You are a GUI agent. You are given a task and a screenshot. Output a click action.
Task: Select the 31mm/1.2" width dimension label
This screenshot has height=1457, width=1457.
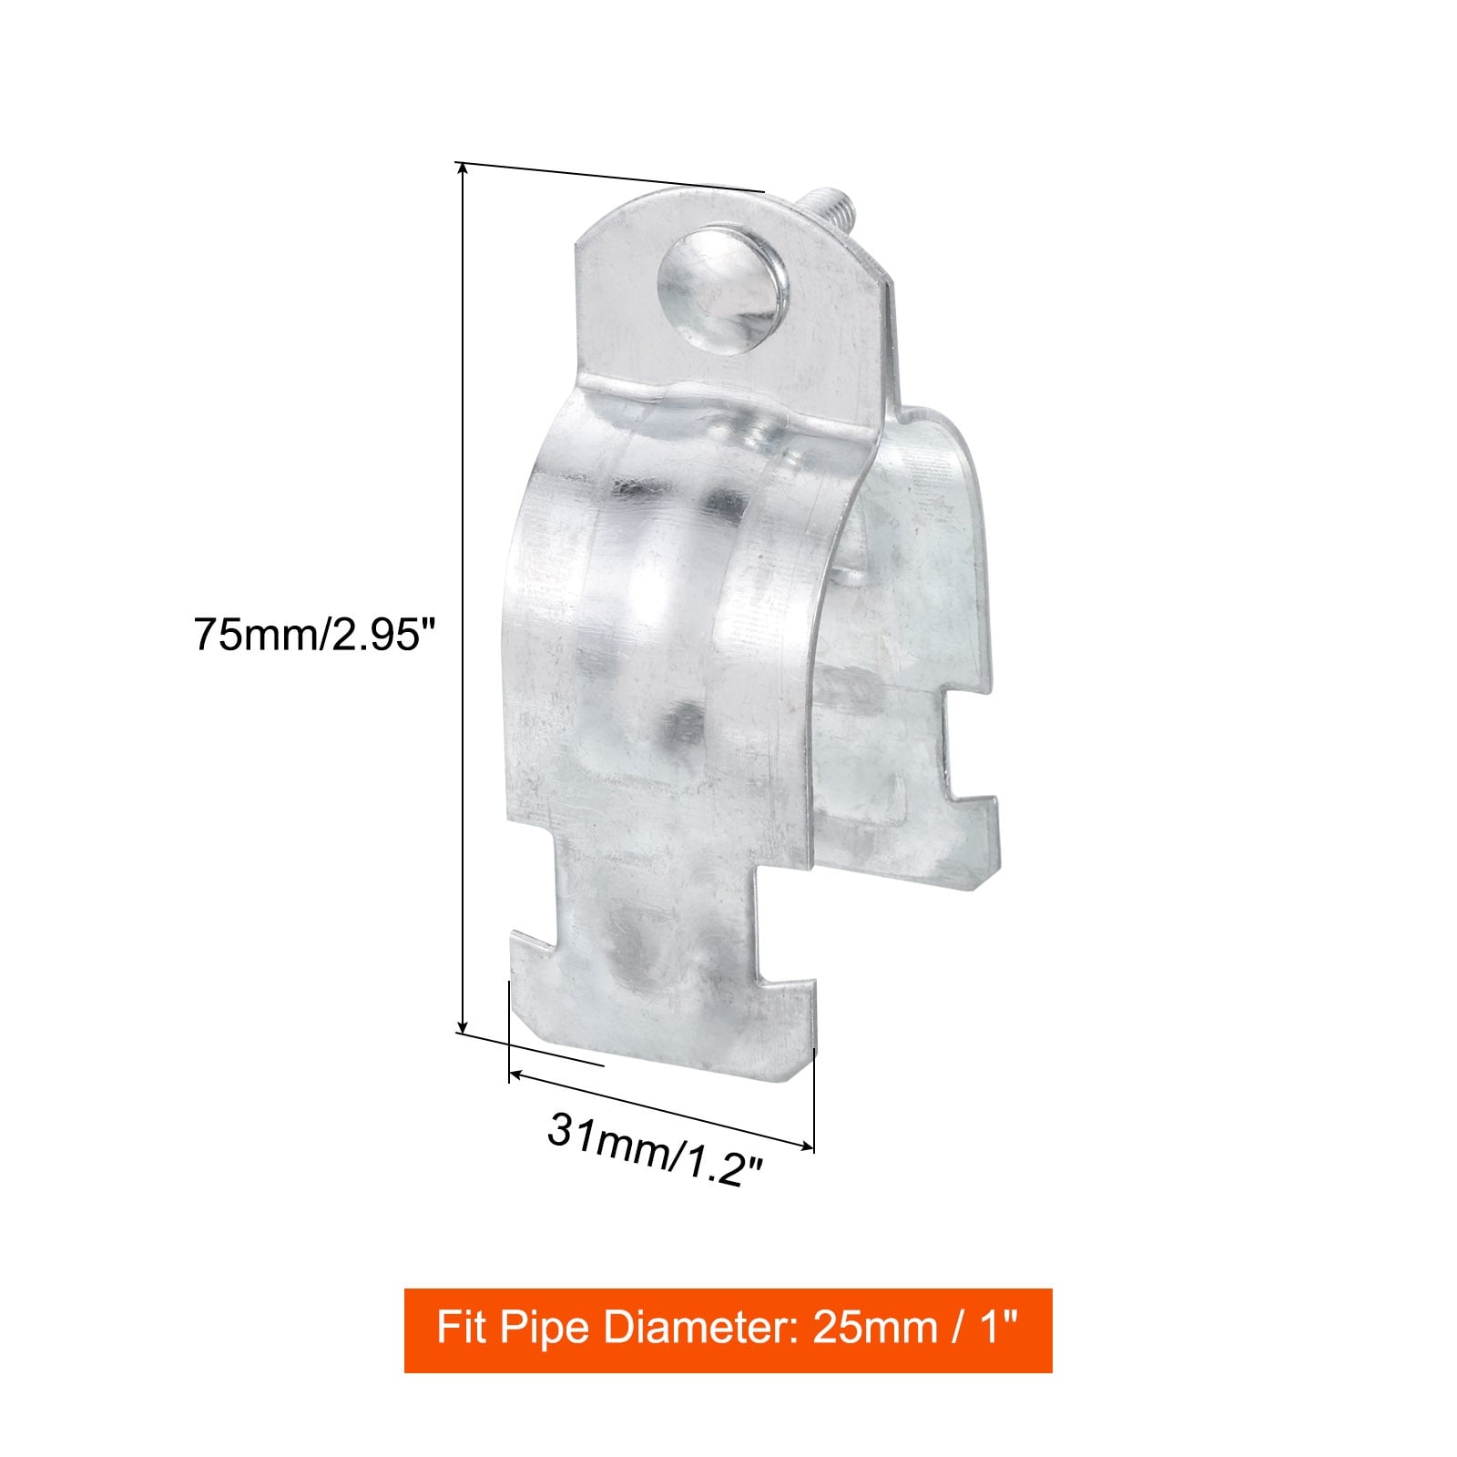click(655, 1150)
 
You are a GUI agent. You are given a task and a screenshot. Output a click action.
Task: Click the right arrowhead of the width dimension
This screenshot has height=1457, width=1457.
click(804, 1146)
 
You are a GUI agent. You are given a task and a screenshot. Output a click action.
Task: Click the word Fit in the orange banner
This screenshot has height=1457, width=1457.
click(462, 1328)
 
